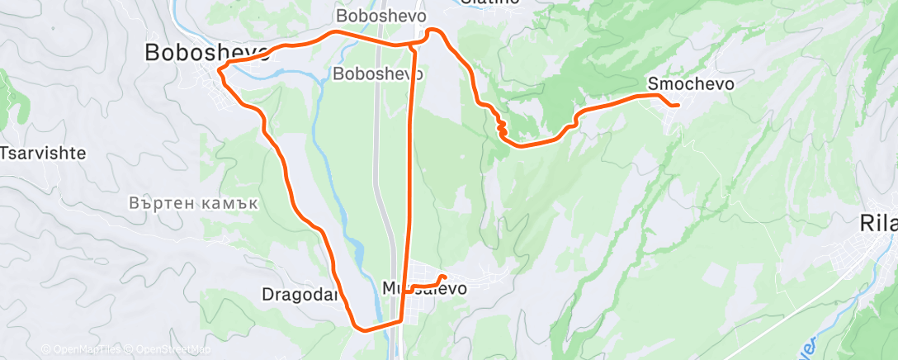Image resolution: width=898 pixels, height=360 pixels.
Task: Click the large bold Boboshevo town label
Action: (x=206, y=52)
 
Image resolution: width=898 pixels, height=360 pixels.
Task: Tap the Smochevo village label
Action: (x=691, y=83)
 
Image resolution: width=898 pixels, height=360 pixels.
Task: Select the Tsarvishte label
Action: (x=43, y=154)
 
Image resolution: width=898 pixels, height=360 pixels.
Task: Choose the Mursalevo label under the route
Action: (x=425, y=289)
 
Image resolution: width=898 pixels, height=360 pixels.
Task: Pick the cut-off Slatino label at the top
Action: (x=490, y=2)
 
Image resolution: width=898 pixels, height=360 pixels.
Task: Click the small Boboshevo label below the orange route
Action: (x=378, y=73)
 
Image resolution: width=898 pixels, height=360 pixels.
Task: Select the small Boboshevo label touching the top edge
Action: (x=380, y=16)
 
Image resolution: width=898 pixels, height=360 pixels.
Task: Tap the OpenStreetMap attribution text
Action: (x=168, y=349)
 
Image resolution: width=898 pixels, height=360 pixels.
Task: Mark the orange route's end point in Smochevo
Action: (x=677, y=105)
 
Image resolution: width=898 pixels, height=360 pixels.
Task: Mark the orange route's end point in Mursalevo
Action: (x=444, y=277)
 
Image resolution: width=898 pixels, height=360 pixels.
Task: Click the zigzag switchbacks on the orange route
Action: (x=500, y=126)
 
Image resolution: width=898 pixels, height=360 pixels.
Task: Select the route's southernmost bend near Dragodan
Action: (x=361, y=328)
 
